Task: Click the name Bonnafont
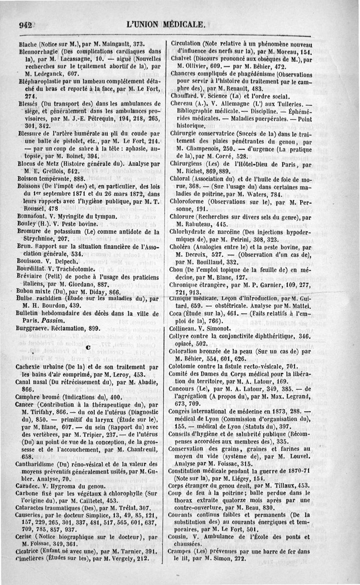(34, 216)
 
